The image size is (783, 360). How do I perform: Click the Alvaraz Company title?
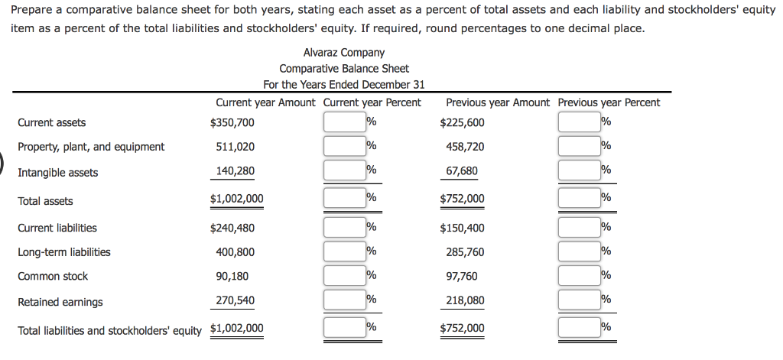click(343, 53)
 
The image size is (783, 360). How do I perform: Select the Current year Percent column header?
click(372, 102)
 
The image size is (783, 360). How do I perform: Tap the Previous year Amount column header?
click(497, 102)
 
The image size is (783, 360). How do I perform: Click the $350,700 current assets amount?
click(232, 122)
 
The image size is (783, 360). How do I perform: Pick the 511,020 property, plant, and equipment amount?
click(236, 147)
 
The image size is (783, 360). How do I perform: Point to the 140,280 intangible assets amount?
click(236, 171)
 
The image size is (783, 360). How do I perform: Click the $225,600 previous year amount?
click(463, 122)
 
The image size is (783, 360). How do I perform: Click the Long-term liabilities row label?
click(64, 252)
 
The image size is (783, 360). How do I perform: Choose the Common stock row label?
click(53, 277)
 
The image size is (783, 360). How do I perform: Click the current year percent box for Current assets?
click(344, 122)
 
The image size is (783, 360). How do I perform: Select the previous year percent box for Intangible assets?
click(579, 171)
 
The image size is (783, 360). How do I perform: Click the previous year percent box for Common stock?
click(579, 276)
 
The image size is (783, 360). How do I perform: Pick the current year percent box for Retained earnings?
click(344, 300)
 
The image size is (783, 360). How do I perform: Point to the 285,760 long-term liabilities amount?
click(465, 252)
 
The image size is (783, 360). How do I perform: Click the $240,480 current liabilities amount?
click(232, 228)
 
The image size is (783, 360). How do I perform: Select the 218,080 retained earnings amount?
click(465, 300)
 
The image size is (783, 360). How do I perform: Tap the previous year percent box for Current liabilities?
click(579, 227)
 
